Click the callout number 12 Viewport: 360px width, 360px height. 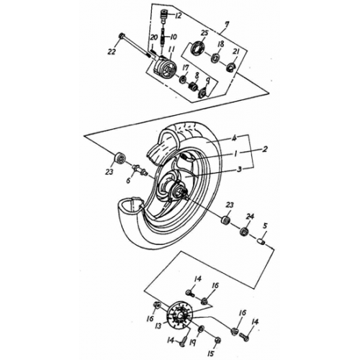point(178,15)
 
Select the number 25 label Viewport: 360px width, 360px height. point(204,34)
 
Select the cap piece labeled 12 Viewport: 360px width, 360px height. point(163,15)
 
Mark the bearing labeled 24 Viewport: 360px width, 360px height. point(246,232)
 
